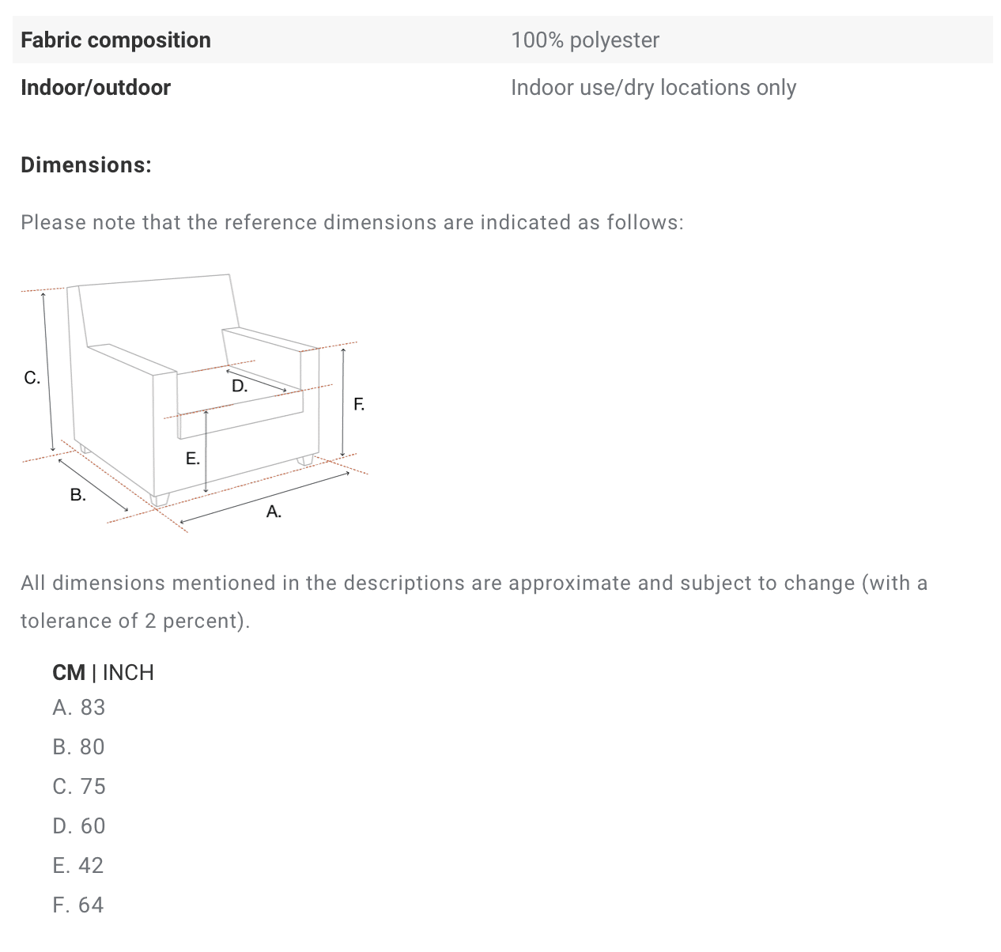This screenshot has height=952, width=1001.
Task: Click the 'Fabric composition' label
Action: tap(115, 40)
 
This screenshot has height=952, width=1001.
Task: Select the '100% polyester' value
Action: tap(585, 40)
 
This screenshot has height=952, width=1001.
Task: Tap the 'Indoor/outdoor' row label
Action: tap(96, 88)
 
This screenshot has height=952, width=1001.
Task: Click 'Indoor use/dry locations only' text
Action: tap(654, 88)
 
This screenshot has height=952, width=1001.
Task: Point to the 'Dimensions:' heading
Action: tap(86, 165)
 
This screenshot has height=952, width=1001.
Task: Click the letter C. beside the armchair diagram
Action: tap(32, 377)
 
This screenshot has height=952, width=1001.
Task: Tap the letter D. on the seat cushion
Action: tap(240, 386)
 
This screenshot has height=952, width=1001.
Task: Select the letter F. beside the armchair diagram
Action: tap(359, 404)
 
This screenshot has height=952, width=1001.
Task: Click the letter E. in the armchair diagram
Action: tap(192, 459)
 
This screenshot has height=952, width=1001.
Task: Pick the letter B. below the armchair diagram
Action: tap(78, 495)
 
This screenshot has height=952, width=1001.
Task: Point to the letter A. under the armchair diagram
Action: tap(274, 512)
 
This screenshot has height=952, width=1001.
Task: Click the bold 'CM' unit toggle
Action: tap(69, 672)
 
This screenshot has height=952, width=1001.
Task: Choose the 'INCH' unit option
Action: tap(128, 672)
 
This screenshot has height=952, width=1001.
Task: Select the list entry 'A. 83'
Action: tap(79, 708)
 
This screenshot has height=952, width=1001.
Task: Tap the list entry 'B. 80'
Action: tap(78, 746)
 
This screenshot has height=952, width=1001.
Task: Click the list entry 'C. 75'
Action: tap(79, 787)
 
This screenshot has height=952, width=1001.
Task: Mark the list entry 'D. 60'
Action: tap(79, 825)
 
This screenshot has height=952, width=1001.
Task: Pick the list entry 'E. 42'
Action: tap(78, 865)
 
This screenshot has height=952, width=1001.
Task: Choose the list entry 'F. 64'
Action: tap(78, 905)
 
